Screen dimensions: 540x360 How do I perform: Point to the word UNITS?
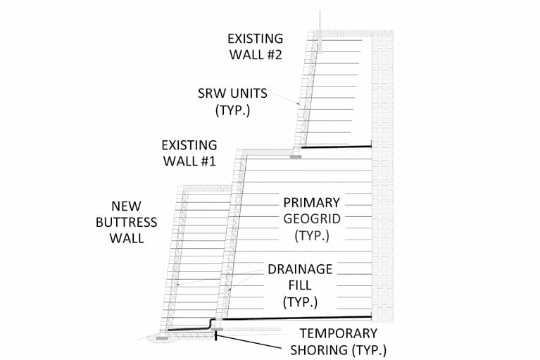(x=249, y=94)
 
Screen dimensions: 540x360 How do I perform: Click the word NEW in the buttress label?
(x=126, y=206)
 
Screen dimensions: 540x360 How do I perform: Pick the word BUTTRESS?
(x=127, y=223)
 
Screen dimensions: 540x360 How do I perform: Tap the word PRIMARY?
(x=312, y=203)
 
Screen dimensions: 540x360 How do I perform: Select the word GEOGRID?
(x=312, y=219)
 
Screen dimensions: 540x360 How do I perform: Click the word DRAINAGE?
(x=300, y=269)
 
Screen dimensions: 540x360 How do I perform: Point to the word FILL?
(x=300, y=285)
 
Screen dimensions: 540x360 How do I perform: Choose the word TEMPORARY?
(x=339, y=333)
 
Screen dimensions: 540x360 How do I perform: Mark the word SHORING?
(x=319, y=350)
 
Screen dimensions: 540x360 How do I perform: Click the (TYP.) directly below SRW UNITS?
(x=233, y=110)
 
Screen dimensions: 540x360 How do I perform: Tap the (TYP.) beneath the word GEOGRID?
(x=312, y=235)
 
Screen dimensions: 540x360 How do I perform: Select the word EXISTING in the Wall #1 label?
(x=189, y=145)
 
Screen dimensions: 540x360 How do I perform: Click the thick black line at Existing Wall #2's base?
(x=337, y=147)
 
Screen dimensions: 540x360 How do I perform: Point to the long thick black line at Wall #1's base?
(x=297, y=318)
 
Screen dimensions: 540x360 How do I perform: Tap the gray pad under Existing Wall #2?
(x=296, y=157)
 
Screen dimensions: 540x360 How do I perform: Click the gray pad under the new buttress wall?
(x=162, y=338)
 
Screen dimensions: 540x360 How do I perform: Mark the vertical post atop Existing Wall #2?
(x=320, y=31)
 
